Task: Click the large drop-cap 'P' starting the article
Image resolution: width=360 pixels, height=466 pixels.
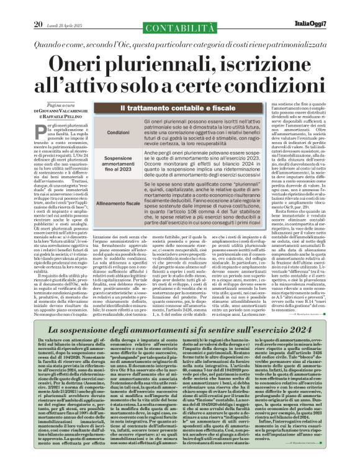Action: pos(40,128)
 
